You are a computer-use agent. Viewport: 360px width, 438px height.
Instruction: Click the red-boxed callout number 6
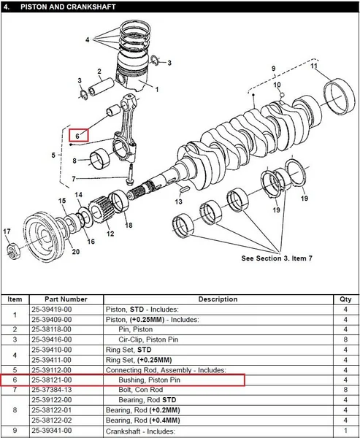[x=77, y=137]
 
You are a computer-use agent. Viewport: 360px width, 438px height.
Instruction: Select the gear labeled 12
[x=99, y=210]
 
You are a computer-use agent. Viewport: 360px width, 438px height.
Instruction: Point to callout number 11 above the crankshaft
[x=314, y=66]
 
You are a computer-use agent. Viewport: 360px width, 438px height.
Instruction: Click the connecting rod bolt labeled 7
[x=130, y=174]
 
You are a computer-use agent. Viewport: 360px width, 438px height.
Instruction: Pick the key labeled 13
[x=183, y=189]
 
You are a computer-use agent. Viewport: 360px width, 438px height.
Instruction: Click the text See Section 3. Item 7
[x=277, y=258]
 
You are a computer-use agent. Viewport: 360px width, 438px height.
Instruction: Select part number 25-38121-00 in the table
[x=51, y=380]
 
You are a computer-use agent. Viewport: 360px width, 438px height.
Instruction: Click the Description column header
[x=218, y=299]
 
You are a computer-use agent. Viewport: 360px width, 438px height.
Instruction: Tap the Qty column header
[x=345, y=299]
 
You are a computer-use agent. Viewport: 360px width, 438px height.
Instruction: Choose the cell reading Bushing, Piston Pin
[x=150, y=380]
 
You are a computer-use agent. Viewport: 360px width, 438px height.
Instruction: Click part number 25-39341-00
[x=51, y=431]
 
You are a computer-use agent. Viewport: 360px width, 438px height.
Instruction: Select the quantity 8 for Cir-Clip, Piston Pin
[x=345, y=339]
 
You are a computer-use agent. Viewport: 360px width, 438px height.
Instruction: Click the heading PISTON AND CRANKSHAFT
[x=68, y=7]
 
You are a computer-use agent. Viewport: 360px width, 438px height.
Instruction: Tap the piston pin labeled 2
[x=102, y=86]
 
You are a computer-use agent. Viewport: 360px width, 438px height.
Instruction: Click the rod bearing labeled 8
[x=100, y=159]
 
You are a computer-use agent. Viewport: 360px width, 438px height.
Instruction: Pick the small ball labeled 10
[x=282, y=95]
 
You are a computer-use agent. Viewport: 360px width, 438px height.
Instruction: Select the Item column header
[x=15, y=299]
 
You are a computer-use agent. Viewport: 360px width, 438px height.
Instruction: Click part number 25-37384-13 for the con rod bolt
[x=51, y=390]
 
